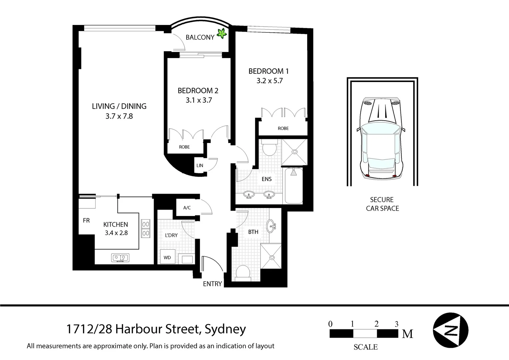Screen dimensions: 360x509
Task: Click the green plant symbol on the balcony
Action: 222,33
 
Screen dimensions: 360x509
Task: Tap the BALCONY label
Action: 200,37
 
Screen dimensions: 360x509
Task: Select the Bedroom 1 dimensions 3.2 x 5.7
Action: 269,81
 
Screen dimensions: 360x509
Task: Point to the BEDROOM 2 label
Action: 198,91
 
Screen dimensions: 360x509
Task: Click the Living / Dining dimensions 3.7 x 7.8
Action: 119,116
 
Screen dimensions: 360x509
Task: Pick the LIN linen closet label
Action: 200,165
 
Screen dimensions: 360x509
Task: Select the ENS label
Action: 266,179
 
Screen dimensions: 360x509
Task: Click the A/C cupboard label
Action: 187,208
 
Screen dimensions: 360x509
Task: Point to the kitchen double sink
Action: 120,257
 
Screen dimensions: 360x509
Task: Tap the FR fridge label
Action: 86,220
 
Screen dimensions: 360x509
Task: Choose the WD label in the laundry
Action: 167,257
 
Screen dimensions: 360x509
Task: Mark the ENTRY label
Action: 212,284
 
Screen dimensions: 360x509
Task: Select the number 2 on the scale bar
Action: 376,324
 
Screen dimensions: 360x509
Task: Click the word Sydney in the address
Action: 225,329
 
